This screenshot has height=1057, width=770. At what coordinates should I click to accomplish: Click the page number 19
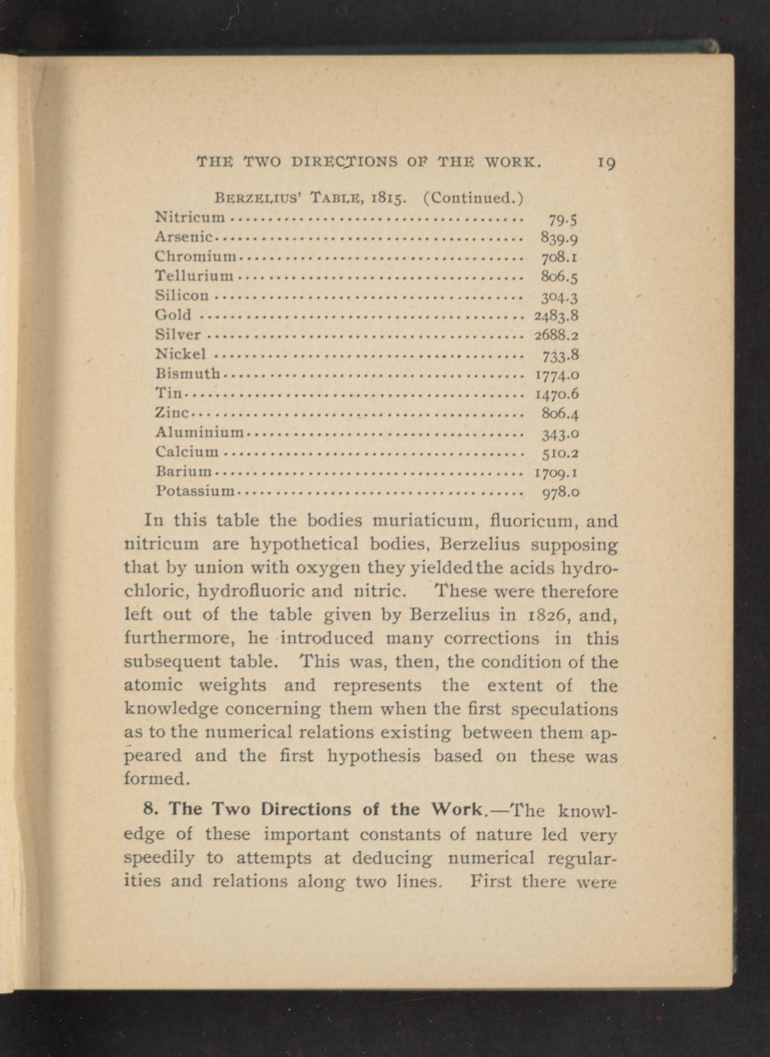[x=606, y=163]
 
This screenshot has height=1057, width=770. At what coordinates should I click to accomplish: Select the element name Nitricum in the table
[x=191, y=217]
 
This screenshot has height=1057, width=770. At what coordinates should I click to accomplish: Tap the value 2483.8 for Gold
[x=557, y=316]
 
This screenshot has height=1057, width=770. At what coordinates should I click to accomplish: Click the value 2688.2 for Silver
[x=557, y=335]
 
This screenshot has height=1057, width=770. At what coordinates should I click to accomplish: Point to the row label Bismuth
[x=188, y=373]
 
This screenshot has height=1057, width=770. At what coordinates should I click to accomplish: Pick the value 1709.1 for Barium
[x=557, y=474]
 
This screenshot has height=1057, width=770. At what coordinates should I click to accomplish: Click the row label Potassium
[x=196, y=493]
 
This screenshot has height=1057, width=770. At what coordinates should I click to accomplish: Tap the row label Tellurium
[x=194, y=276]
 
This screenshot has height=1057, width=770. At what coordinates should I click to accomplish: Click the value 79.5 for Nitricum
[x=564, y=220]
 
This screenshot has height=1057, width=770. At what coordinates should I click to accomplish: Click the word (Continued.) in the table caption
[x=474, y=197]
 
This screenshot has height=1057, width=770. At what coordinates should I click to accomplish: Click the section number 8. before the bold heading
[x=152, y=808]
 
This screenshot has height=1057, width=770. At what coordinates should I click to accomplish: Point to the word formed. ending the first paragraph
[x=157, y=779]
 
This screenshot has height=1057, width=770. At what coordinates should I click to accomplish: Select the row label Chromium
[x=196, y=257]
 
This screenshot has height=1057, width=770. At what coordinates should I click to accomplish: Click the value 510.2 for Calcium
[x=561, y=453]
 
